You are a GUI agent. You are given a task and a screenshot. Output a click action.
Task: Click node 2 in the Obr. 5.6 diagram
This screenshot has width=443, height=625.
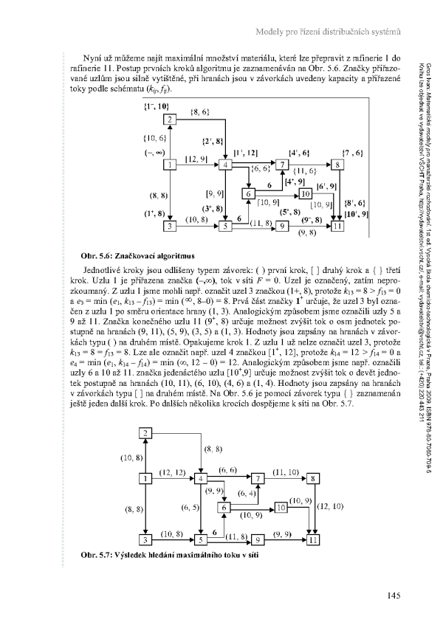[170, 120]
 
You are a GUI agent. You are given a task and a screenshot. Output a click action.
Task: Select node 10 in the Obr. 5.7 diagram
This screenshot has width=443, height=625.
[281, 508]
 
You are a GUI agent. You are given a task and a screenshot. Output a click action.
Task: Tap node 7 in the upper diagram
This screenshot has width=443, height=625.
[282, 165]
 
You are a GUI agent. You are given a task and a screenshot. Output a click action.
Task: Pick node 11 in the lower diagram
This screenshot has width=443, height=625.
[313, 540]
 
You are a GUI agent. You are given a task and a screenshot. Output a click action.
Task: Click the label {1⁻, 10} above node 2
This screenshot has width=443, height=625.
[157, 106]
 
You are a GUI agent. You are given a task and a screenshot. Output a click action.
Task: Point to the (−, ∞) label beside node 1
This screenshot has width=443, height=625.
[155, 152]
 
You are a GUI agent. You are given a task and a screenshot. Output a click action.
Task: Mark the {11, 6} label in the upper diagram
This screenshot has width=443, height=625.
[305, 171]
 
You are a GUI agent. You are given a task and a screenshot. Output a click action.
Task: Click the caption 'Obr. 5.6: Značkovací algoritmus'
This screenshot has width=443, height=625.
[137, 255]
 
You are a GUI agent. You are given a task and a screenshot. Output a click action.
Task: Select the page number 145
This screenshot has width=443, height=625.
[393, 595]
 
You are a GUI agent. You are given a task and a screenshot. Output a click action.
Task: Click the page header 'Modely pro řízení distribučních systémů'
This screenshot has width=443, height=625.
[328, 32]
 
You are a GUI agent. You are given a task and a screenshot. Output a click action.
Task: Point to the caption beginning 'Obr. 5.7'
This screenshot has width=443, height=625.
[170, 554]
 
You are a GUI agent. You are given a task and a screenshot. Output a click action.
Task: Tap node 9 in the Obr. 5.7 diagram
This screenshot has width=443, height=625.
[258, 540]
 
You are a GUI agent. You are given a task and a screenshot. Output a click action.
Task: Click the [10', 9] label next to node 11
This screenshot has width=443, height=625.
[356, 214]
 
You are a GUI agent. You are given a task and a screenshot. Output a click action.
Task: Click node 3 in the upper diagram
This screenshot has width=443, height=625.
[170, 226]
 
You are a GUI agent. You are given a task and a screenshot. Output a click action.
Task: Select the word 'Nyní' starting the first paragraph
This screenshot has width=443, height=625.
[91, 58]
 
